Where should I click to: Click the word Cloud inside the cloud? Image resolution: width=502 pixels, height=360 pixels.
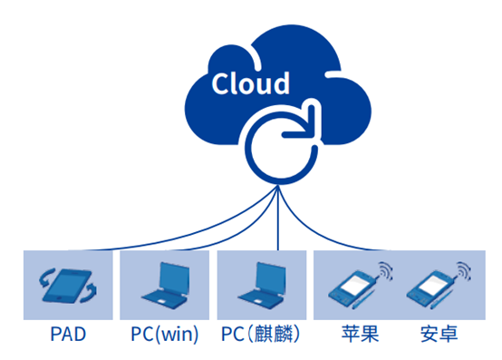coord(251,83)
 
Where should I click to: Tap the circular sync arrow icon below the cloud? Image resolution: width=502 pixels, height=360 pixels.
coord(276,144)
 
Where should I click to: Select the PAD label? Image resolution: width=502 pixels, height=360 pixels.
coord(69,336)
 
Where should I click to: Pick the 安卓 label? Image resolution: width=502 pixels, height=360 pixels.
coord(439,336)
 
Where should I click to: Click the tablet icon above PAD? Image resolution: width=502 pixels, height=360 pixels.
coord(69,286)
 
